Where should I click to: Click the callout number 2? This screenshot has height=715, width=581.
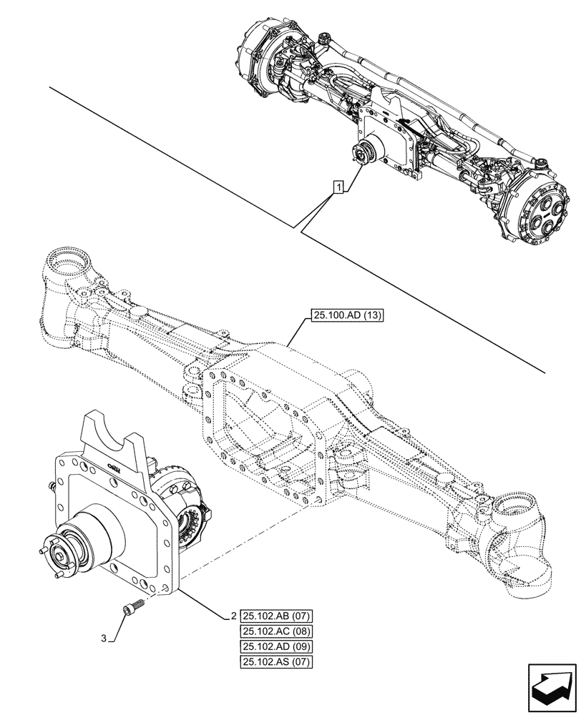tap(233, 616)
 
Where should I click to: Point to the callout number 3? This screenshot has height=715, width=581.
tap(105, 638)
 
